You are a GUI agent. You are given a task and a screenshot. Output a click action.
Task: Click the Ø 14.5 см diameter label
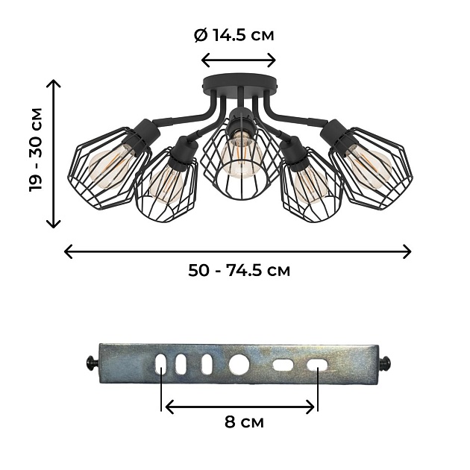coord(234,35)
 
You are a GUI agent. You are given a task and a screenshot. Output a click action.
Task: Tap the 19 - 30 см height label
coord(36,149)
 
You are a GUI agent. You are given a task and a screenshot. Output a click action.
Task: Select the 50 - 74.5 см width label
coord(239,270)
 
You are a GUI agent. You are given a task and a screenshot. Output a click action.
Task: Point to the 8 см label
coord(244,422)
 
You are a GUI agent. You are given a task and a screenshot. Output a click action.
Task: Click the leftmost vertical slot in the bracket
coord(160,365)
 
